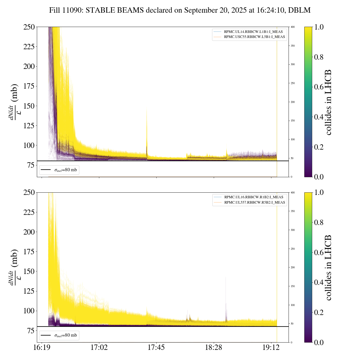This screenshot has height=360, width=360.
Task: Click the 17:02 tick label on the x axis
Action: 99,348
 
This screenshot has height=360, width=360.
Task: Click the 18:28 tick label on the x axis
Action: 214,348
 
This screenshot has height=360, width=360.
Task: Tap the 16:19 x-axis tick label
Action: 42,348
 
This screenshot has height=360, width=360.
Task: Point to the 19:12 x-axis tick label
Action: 271,348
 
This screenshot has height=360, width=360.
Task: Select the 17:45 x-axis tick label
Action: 156,348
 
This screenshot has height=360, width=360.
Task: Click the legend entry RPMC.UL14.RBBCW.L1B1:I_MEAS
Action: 253,32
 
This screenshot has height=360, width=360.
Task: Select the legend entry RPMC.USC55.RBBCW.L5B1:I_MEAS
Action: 254,37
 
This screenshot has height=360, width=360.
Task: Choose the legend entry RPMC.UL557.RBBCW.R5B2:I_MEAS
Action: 255,202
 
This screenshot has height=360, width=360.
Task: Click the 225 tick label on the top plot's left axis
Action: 29,47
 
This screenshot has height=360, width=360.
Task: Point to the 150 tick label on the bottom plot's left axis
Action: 29,271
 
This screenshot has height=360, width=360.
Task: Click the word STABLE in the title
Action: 100,10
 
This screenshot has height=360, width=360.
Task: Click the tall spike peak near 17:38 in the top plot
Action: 147,108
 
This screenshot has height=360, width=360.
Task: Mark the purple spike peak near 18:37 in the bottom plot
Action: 226,277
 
